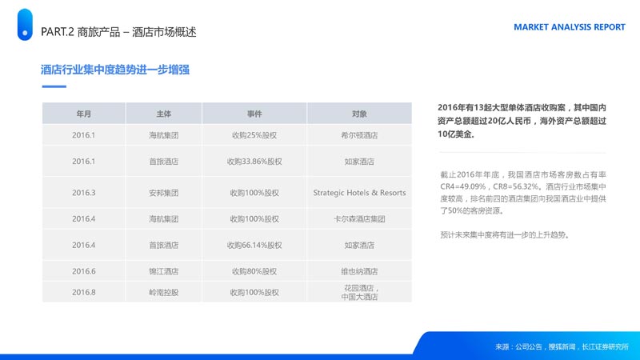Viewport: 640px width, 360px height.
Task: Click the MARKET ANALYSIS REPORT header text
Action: coord(570,27)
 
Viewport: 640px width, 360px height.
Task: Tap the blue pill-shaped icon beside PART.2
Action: coord(25,25)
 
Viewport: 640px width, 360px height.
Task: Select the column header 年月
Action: coord(84,114)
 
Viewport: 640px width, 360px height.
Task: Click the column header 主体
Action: coord(164,114)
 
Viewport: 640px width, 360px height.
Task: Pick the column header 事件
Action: coord(254,114)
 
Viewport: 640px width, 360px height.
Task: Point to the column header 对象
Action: coord(359,114)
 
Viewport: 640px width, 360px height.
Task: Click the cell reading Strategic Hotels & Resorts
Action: coord(359,193)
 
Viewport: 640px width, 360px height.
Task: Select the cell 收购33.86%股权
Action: coord(254,162)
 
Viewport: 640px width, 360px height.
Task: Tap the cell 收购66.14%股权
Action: coord(254,246)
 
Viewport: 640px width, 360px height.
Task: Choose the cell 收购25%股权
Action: coord(254,135)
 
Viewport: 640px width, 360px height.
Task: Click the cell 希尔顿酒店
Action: coord(359,135)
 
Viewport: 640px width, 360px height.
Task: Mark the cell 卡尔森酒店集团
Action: coord(359,219)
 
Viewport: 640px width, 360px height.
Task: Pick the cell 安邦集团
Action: coord(164,193)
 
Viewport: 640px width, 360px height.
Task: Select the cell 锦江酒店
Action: coord(164,271)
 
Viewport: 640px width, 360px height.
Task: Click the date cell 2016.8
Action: coord(84,292)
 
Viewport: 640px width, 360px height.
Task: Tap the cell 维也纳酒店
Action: coord(359,271)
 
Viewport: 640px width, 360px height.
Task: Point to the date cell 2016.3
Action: coord(84,193)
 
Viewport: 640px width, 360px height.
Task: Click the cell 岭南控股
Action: coord(164,292)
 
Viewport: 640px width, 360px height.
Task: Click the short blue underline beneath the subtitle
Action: coord(54,86)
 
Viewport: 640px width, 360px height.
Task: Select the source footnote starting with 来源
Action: coord(562,347)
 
